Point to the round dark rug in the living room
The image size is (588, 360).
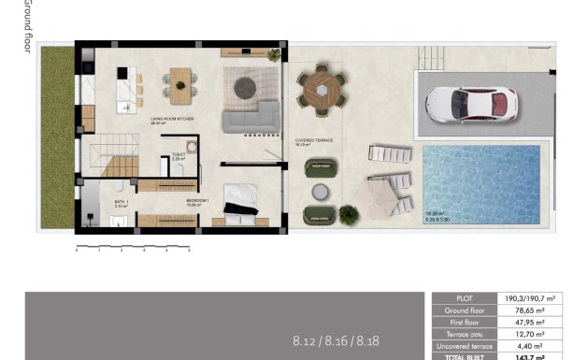pos(245,87)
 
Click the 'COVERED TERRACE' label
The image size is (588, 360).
pos(314,141)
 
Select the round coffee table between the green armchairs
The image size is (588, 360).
pos(321,191)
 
